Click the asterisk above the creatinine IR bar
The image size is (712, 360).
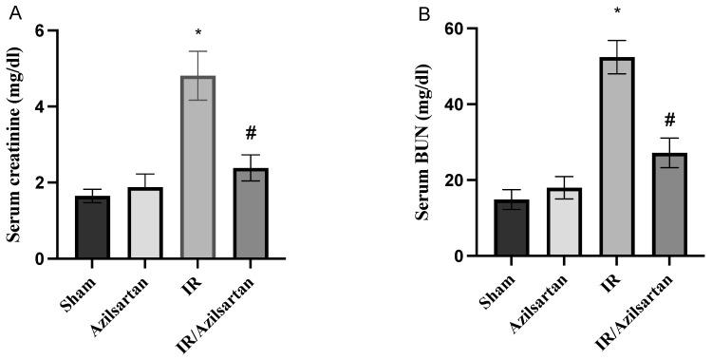pyautogui.click(x=197, y=35)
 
